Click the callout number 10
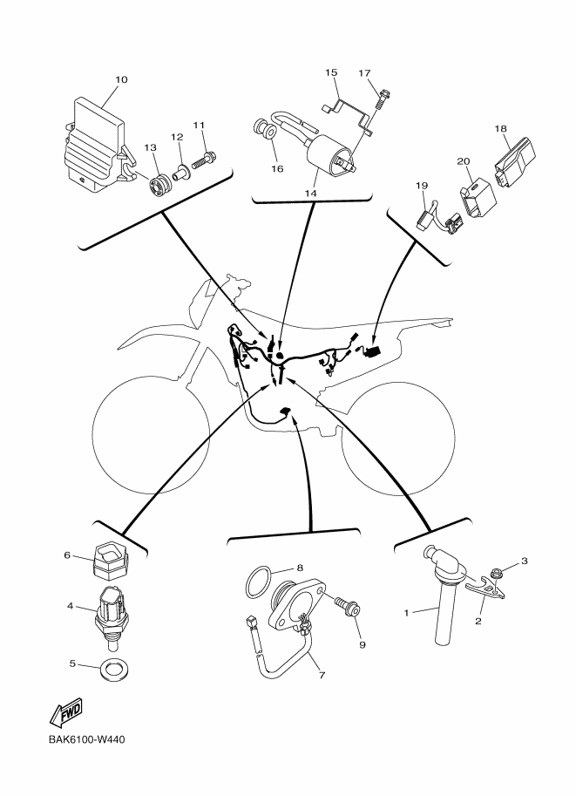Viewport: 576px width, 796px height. (x=121, y=80)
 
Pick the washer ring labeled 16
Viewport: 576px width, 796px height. (x=264, y=133)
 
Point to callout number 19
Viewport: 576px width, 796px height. (x=421, y=186)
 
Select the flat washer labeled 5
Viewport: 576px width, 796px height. (x=111, y=670)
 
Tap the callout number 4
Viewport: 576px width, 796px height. (x=71, y=605)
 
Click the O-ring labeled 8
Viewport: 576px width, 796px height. (x=260, y=580)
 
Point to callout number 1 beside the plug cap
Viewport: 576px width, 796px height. (x=406, y=613)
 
